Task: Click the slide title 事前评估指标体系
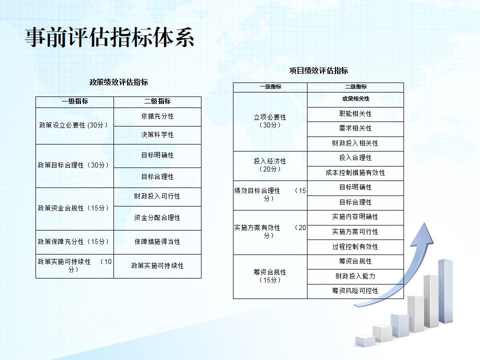[109, 37]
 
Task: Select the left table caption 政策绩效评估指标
[119, 82]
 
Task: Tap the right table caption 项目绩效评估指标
[318, 70]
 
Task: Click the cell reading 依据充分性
[157, 116]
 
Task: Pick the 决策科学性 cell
[157, 134]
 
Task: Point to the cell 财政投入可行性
[157, 196]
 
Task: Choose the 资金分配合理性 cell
[157, 217]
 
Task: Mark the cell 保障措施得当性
[157, 241]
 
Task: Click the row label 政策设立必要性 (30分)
[73, 125]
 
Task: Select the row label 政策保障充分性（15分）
[73, 241]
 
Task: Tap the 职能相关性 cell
[355, 114]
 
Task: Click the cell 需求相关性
[355, 128]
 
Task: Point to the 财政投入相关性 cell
[355, 143]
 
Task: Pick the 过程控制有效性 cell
[355, 246]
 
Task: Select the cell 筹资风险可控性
[355, 290]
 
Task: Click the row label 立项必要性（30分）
[270, 121]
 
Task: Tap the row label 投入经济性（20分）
[270, 165]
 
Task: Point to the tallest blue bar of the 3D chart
[445, 291]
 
